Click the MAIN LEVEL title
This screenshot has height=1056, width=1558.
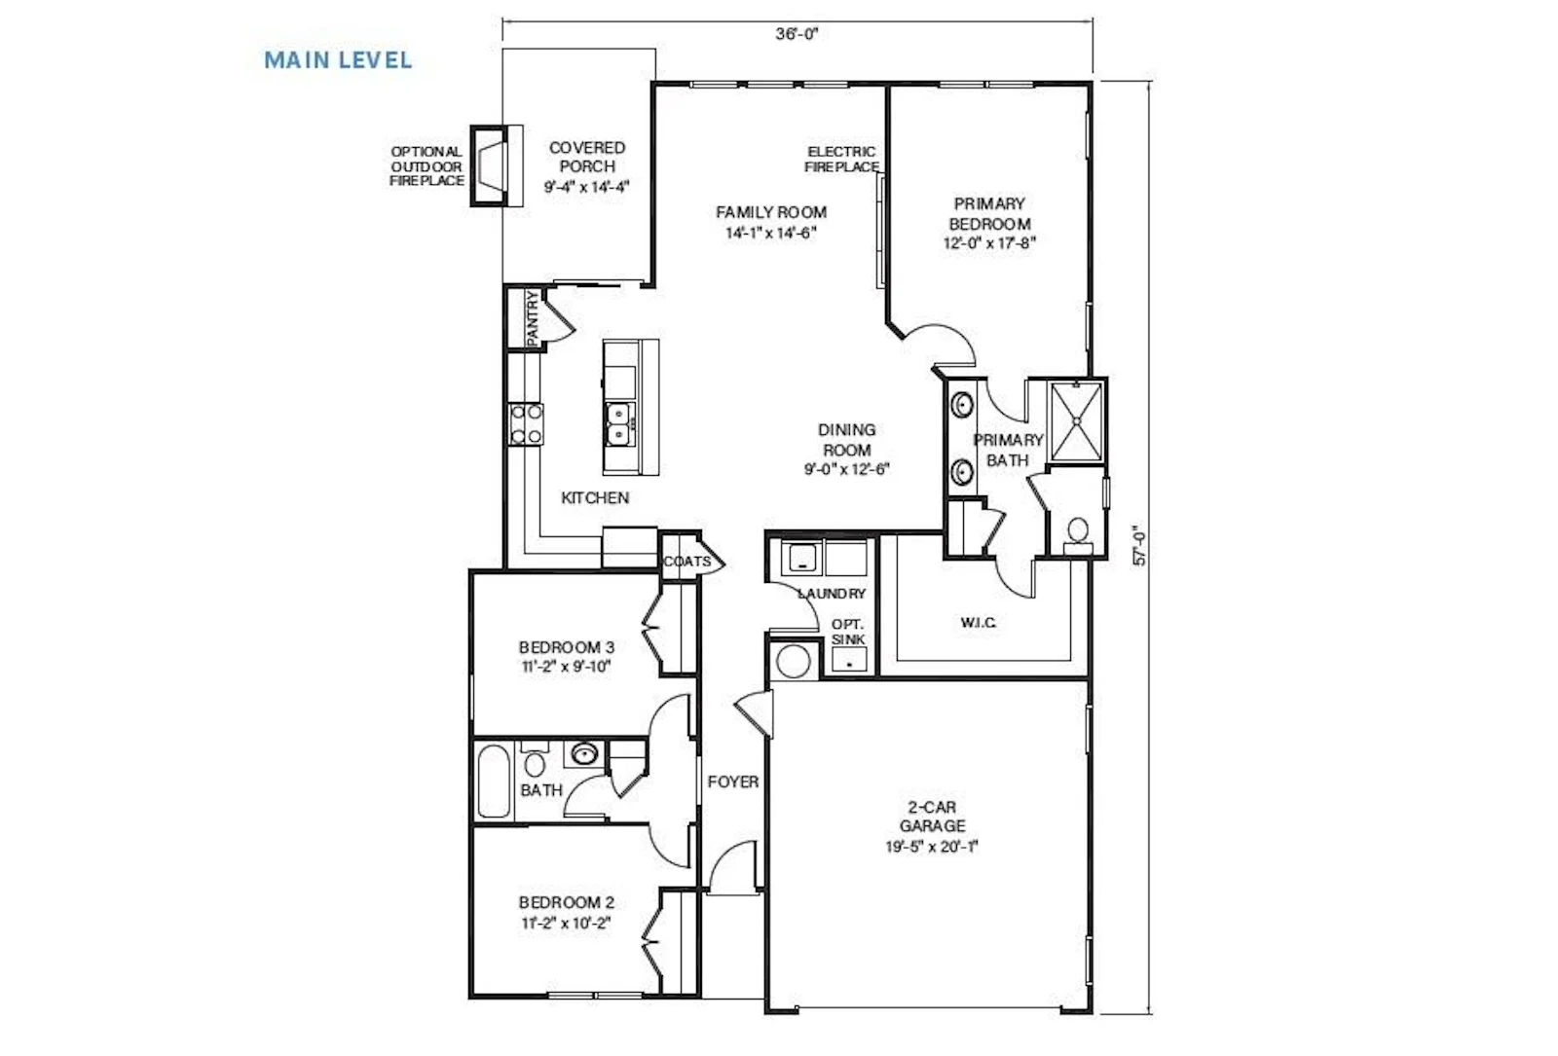tap(338, 60)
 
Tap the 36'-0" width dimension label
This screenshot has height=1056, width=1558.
tap(798, 33)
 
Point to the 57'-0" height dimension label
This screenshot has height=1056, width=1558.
tap(1140, 546)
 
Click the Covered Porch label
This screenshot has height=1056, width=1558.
tap(587, 157)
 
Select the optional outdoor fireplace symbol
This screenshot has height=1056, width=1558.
tap(497, 166)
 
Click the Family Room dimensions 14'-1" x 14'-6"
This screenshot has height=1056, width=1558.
tap(770, 233)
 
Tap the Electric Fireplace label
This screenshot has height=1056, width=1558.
tap(841, 160)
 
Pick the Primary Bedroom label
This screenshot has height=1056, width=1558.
tap(989, 214)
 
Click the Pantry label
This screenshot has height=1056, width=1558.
tap(533, 317)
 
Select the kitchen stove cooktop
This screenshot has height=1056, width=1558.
tap(526, 424)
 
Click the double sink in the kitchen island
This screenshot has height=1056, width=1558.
tap(619, 424)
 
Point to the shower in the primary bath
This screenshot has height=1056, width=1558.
tap(1076, 421)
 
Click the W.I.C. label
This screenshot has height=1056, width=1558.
tap(978, 622)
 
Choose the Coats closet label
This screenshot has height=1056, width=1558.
tap(687, 561)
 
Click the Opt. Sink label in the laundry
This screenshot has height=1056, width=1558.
tap(848, 632)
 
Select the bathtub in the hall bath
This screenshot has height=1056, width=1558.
tap(494, 782)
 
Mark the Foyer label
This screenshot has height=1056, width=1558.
tap(733, 783)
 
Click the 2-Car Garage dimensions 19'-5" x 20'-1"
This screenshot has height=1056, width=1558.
tap(932, 847)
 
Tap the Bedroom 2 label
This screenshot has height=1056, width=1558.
tap(567, 903)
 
